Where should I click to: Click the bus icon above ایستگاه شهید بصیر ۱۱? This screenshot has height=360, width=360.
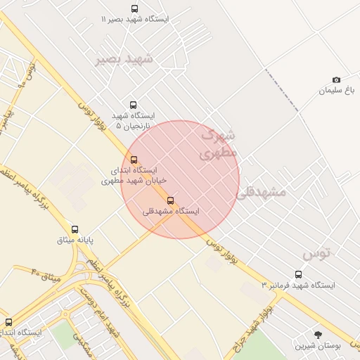pos(134,9)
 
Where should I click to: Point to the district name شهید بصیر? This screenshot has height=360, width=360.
pos(124,59)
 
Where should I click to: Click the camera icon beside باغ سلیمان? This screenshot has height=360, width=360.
pos(336,80)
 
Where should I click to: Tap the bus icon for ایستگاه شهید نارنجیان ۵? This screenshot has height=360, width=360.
pos(133,105)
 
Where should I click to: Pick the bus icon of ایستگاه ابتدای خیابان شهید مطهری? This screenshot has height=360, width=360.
pos(134,159)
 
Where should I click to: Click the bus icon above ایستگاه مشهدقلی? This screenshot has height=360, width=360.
pos(170,200)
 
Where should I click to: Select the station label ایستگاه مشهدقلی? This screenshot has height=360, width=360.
pos(171,211)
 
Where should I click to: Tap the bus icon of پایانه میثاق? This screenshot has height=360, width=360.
pos(75,229)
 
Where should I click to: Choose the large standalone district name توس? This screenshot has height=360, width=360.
pos(316,252)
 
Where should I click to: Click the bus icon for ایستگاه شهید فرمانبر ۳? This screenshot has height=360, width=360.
pos(298,275)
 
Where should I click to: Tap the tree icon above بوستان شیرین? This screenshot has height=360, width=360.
pos(319,335)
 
